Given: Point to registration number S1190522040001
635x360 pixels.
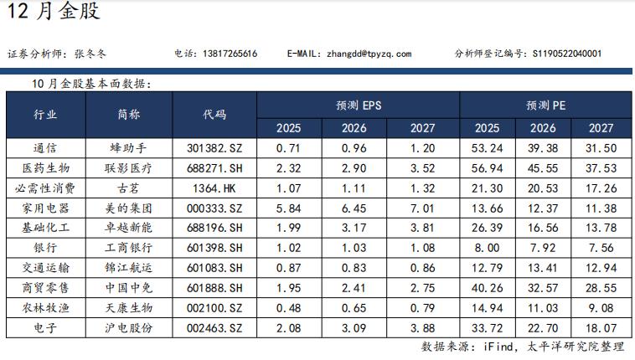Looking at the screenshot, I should (x=567, y=54).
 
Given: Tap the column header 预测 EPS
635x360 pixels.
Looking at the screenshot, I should (x=358, y=105).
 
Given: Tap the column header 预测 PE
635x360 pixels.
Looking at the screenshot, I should (x=547, y=105).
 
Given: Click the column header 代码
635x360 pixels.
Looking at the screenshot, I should (x=214, y=116).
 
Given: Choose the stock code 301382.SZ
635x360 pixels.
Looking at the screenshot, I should (x=214, y=148).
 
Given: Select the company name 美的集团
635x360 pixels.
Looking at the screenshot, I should (x=129, y=208).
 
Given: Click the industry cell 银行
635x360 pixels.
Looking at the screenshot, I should (x=45, y=248).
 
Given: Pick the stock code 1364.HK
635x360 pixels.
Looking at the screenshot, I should (x=214, y=188).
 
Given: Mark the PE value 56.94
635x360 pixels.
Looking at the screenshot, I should (x=487, y=168).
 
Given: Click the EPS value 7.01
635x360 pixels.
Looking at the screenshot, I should (x=423, y=208).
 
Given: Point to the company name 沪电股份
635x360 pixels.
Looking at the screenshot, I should (x=129, y=327).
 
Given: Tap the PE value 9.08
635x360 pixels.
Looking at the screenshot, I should (x=601, y=307).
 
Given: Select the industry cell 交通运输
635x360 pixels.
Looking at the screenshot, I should (x=45, y=268).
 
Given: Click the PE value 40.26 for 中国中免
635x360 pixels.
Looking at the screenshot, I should (x=487, y=288).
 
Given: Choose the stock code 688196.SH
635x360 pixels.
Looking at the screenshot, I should (x=214, y=228).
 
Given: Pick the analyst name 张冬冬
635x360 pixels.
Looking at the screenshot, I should (x=90, y=54).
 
